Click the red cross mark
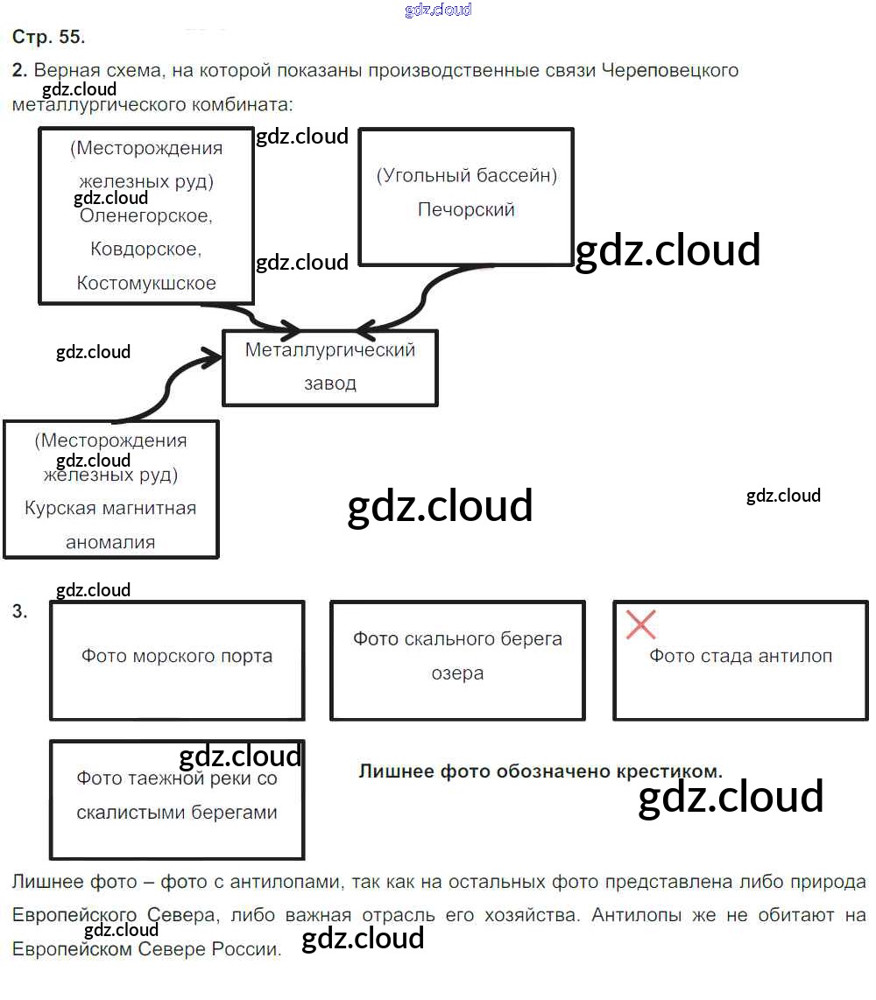tap(641, 625)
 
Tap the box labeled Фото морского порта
tap(177, 660)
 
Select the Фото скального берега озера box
tap(457, 660)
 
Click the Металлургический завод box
tap(330, 368)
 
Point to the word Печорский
tap(466, 210)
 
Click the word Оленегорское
tap(145, 215)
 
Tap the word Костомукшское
tap(146, 283)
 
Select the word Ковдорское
tap(145, 250)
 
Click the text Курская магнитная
tap(110, 508)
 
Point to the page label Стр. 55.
tap(48, 37)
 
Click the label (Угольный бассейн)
tap(466, 175)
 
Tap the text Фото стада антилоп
tap(740, 656)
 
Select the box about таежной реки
tap(177, 799)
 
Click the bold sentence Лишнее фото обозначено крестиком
tap(540, 771)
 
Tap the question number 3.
tap(20, 612)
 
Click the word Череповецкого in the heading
tap(671, 70)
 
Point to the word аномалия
tap(110, 542)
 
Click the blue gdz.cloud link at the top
tap(438, 10)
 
